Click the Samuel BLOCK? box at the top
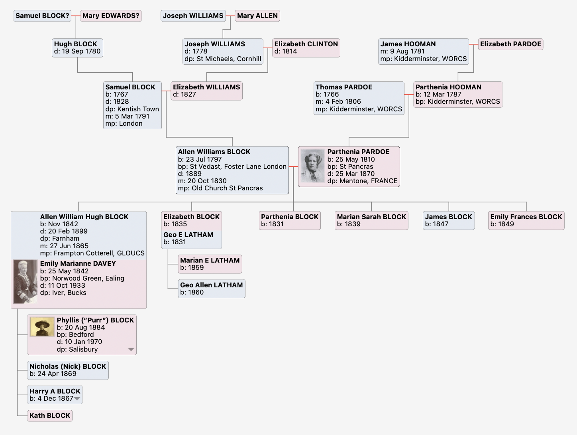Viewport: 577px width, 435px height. [42, 16]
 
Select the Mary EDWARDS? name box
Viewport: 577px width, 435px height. [111, 16]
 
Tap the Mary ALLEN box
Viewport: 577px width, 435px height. [257, 16]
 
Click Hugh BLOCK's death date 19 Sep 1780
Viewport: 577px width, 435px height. [81, 51]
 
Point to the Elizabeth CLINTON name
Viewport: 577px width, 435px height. [306, 44]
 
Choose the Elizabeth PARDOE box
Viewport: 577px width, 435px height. [510, 44]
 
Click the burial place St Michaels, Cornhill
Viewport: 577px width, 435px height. [229, 59]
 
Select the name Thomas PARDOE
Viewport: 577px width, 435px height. [344, 87]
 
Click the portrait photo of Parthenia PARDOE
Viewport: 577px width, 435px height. [312, 166]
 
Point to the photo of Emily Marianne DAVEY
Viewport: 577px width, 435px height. [26, 282]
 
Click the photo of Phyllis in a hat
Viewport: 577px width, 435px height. [42, 327]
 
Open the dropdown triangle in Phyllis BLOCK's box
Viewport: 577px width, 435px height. [131, 350]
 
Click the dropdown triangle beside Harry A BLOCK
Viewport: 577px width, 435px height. [77, 399]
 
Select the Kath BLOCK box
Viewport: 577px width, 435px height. [50, 416]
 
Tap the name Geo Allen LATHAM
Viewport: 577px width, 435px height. [211, 285]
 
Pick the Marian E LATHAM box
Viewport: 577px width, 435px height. [210, 264]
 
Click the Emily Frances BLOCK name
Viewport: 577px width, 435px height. [526, 217]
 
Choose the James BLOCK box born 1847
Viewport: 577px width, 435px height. [448, 220]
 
